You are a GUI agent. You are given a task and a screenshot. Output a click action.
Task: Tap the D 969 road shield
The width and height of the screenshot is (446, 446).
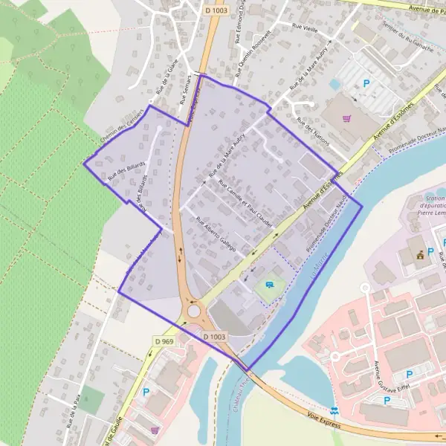click(x=164, y=340)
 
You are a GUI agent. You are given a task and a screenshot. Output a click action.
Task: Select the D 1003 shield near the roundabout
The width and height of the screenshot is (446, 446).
click(x=215, y=337)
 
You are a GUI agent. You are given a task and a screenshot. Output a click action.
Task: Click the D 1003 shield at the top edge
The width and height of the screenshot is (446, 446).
click(x=215, y=11)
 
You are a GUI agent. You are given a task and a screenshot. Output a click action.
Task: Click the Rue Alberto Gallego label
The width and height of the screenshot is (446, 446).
click(x=216, y=234)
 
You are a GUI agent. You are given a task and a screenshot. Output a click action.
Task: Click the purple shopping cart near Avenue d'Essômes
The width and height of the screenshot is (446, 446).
click(x=346, y=117)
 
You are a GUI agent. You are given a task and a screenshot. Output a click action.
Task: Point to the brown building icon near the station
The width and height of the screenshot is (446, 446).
click(x=420, y=255)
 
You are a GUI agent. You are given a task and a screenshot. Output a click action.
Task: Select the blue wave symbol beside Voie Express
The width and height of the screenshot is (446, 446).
click(x=337, y=410)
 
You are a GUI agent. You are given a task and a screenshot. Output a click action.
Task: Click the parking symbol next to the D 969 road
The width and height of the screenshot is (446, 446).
click(x=146, y=392)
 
